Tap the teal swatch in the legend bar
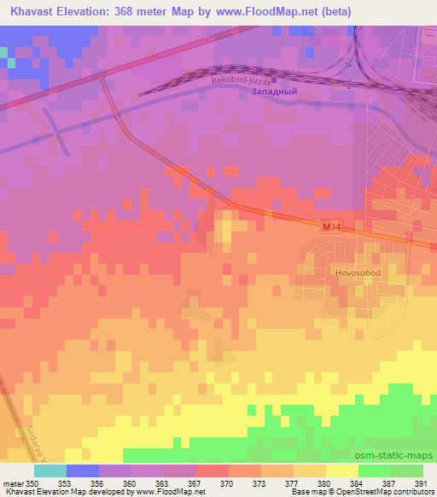coord(50,471)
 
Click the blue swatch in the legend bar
coord(83,471)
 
